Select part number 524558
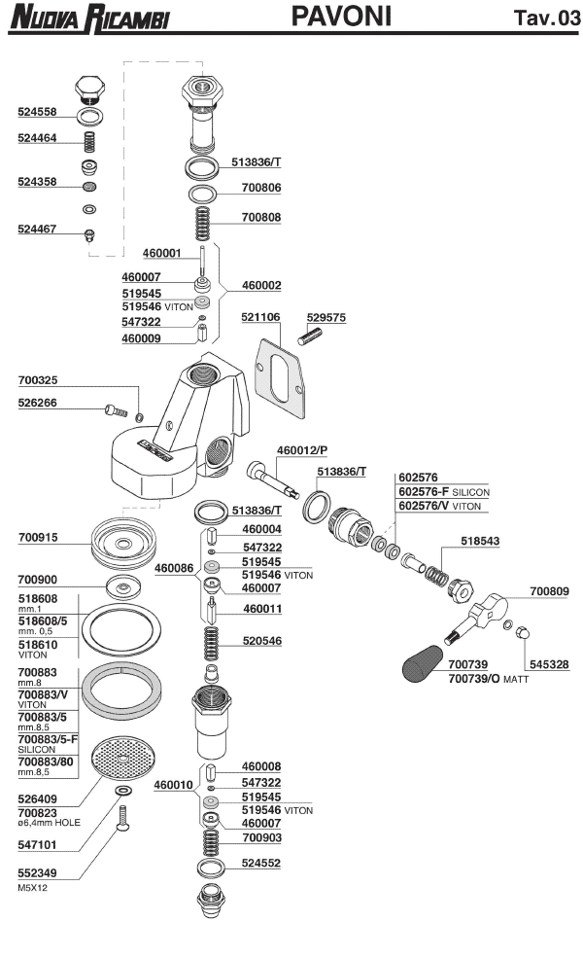[38, 112]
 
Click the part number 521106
[260, 317]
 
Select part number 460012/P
[301, 450]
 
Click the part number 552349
[38, 873]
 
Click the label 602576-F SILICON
[443, 492]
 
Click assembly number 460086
[174, 567]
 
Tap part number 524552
[260, 863]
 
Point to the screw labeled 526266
[115, 411]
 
